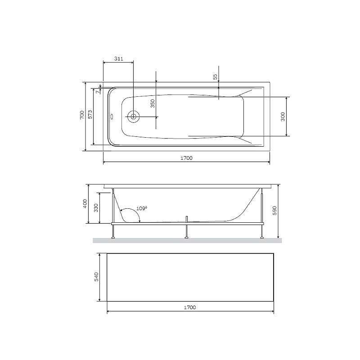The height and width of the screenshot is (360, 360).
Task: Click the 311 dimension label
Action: (x=119, y=59)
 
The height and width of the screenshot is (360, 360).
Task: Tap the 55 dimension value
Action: (x=215, y=76)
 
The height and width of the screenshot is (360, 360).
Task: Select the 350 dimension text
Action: (x=153, y=103)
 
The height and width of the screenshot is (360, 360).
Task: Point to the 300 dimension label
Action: (x=283, y=117)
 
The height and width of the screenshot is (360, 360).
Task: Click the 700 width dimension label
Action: (x=82, y=115)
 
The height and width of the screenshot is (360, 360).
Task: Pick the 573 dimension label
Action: (x=90, y=115)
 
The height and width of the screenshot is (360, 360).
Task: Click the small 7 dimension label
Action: (x=98, y=92)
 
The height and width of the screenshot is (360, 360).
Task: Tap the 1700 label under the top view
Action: (x=186, y=158)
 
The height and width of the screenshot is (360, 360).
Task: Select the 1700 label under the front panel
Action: (x=190, y=307)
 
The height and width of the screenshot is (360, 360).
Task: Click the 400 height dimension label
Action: (x=85, y=204)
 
